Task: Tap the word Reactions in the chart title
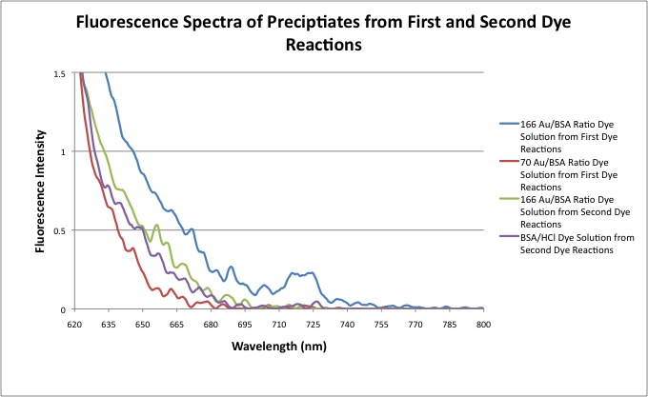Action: pos(323,46)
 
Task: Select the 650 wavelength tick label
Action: pos(143,325)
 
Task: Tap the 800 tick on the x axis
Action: pos(483,325)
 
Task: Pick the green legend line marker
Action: pos(505,198)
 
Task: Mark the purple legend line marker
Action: pos(505,235)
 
